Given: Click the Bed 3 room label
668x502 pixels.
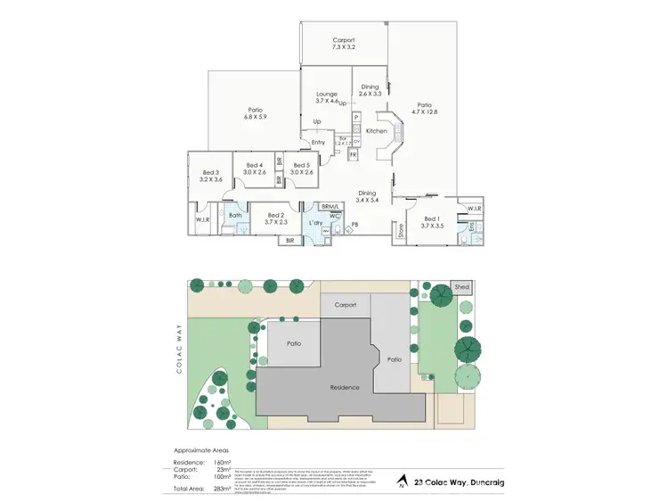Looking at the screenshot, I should tap(210, 176).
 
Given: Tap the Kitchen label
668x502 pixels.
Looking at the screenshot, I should tap(377, 131).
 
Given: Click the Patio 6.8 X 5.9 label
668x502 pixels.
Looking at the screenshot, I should tap(256, 113).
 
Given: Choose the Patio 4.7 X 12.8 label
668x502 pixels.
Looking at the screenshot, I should tap(425, 108).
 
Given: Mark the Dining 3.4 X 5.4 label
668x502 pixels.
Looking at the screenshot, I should tap(367, 196).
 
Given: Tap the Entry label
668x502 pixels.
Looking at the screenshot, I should tap(318, 143).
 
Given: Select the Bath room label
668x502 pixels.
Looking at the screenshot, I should tap(235, 215).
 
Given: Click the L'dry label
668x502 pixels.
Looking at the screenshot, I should tap(314, 222).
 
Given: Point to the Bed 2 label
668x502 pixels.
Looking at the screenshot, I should tap(274, 218).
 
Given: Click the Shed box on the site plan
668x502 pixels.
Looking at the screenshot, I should tap(461, 287).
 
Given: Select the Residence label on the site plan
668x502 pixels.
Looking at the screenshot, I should tap(344, 387).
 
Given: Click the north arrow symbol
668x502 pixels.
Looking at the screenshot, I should tap(403, 480).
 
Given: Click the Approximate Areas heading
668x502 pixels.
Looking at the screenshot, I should tap(195, 452).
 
